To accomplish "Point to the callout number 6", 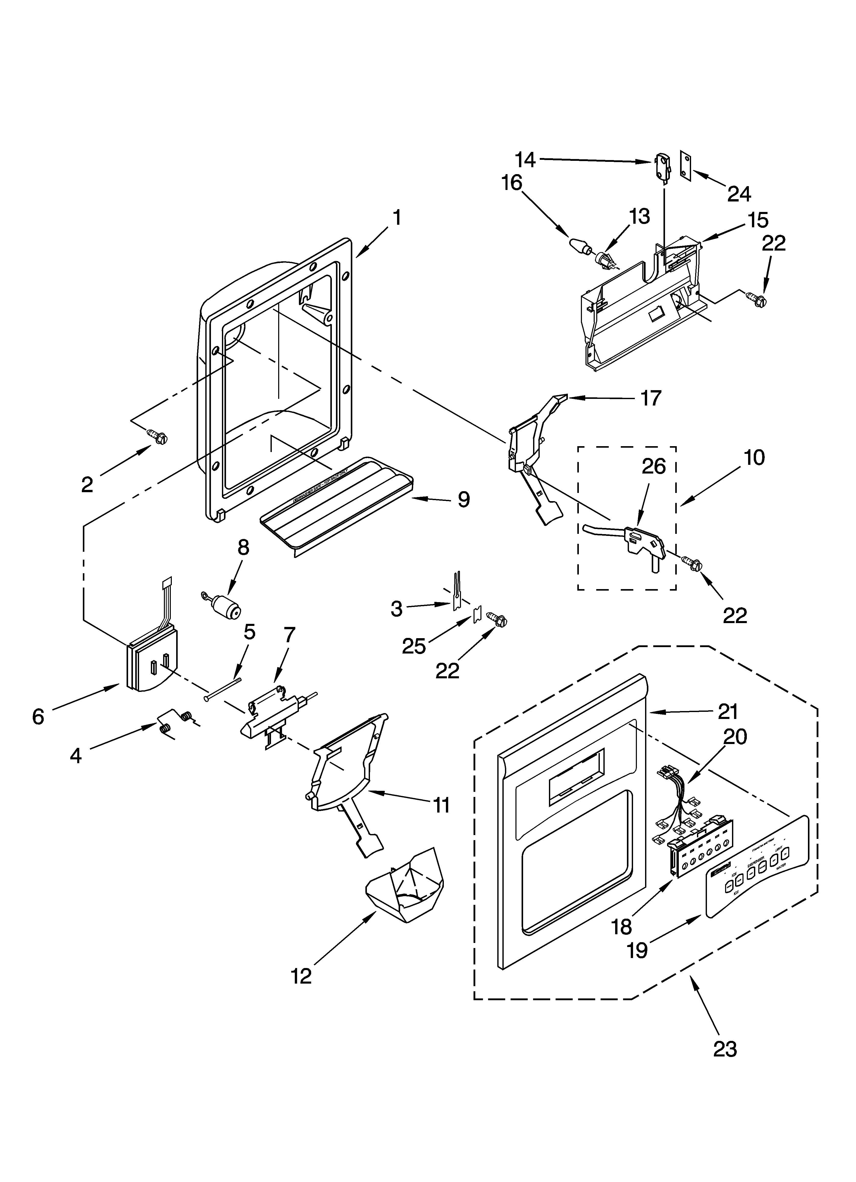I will (38, 717).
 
